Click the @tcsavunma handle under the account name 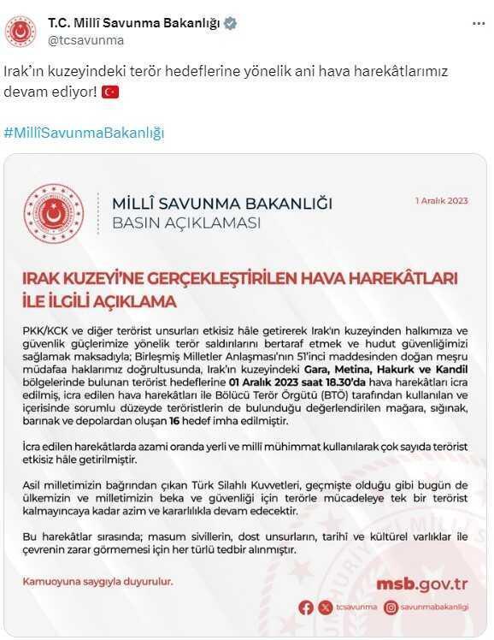[x=85, y=39]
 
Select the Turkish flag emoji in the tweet [x=110, y=92]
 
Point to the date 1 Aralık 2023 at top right [x=442, y=201]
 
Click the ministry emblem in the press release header [x=55, y=213]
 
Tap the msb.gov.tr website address [x=422, y=584]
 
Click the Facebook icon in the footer [x=306, y=607]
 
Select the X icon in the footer [x=325, y=607]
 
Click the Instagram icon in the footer [x=391, y=607]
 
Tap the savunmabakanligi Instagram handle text [x=434, y=607]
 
